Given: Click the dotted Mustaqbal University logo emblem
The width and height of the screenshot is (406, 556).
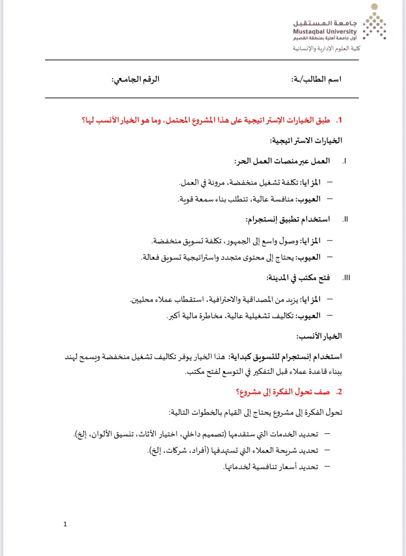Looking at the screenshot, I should [x=374, y=22].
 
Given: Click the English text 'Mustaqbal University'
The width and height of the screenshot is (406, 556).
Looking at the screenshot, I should [x=325, y=32].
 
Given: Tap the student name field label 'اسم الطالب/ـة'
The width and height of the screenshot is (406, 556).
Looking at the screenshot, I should [x=316, y=79].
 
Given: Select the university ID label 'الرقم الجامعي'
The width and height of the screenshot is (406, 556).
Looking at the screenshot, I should [x=136, y=79].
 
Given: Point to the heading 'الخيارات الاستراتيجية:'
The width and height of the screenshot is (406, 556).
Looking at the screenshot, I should [x=306, y=141].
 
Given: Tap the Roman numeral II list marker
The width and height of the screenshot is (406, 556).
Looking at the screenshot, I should [x=345, y=220].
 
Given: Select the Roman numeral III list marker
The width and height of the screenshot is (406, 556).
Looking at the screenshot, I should [x=346, y=278].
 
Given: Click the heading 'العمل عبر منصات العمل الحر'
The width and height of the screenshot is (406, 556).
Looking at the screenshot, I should [x=282, y=161].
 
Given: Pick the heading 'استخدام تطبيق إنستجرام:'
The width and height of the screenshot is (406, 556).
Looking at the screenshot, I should [x=288, y=220].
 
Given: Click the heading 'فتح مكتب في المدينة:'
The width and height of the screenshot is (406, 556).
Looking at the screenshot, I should [x=298, y=278].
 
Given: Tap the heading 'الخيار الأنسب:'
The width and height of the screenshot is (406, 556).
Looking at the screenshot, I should [x=319, y=336].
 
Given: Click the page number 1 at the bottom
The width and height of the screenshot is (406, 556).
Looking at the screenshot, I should [x=65, y=524].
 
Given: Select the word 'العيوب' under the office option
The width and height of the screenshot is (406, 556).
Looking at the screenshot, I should [x=308, y=316].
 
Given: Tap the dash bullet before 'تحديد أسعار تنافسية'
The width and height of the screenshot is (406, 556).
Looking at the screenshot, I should [x=327, y=467].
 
